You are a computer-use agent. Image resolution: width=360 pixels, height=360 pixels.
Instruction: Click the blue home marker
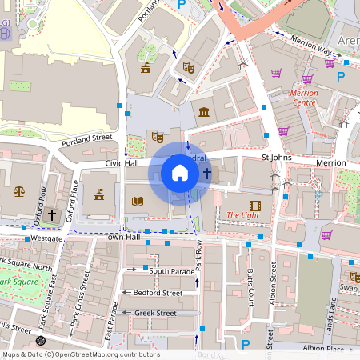pos(180,173)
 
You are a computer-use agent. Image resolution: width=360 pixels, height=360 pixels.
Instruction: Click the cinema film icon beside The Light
pos(254,205)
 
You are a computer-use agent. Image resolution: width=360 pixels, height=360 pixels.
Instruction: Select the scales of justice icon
pos(19,191)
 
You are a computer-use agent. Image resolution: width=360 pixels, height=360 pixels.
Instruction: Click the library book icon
pos(138,201)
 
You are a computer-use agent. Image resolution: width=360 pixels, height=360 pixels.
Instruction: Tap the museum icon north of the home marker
pos(204,110)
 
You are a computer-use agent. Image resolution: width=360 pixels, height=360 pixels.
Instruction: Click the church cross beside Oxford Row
pos(53,214)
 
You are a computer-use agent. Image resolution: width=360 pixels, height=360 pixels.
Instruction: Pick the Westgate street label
pos(46,238)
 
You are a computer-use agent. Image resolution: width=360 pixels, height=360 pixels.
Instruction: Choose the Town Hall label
pos(122,238)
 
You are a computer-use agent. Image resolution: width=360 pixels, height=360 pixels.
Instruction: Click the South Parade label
pos(172,271)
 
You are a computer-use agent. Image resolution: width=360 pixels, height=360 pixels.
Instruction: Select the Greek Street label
pos(155,313)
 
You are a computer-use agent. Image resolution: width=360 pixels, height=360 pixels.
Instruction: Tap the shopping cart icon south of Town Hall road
pos(326,235)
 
